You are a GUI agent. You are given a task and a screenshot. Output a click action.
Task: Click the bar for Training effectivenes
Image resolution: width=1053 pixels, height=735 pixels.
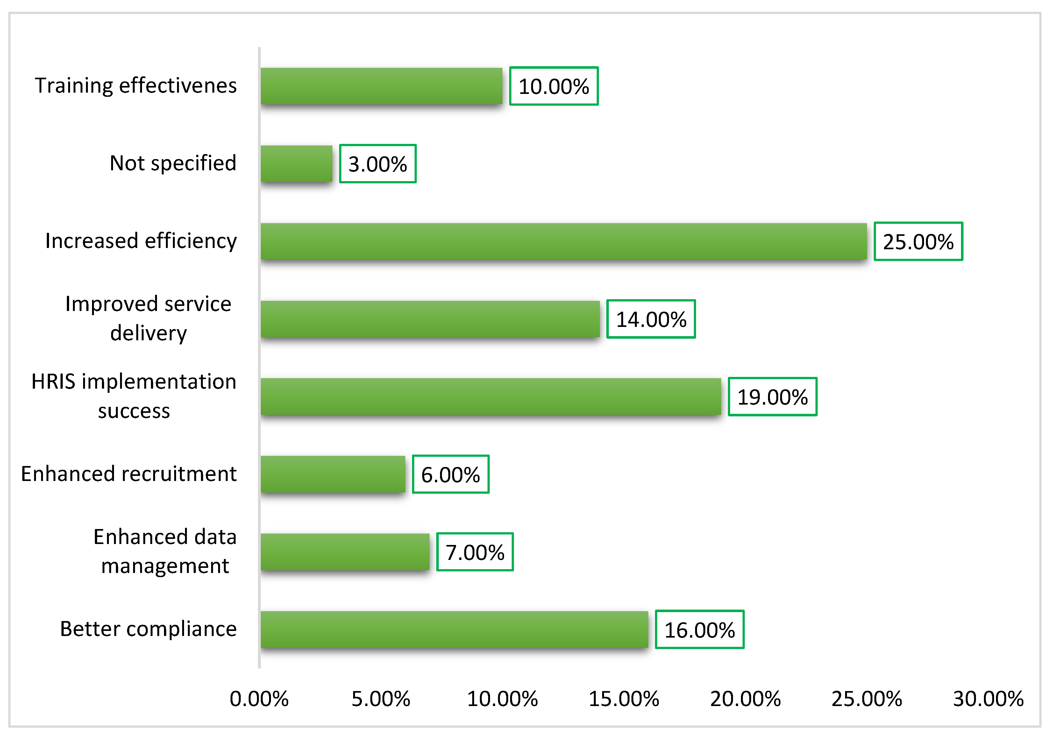pos(381,86)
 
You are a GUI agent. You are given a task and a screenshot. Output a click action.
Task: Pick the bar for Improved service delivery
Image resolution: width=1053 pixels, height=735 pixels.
pos(430,319)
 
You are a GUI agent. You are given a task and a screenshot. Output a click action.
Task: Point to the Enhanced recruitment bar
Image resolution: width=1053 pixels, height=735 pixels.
pos(333,474)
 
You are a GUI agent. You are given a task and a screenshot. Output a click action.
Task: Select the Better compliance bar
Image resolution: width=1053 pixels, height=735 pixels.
pos(454,630)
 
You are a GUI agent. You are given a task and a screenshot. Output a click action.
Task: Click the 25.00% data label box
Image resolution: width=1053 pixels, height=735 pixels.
pos(918,242)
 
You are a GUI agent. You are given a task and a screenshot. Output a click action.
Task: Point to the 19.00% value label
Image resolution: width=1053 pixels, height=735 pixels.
pos(773,397)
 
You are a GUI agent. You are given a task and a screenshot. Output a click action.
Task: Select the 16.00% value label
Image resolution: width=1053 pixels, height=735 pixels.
pos(700,630)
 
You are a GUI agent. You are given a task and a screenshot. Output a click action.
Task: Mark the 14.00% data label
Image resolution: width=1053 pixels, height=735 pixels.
pos(651,319)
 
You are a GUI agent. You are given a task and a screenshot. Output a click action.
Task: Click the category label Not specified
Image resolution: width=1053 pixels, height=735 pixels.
pos(173,164)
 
